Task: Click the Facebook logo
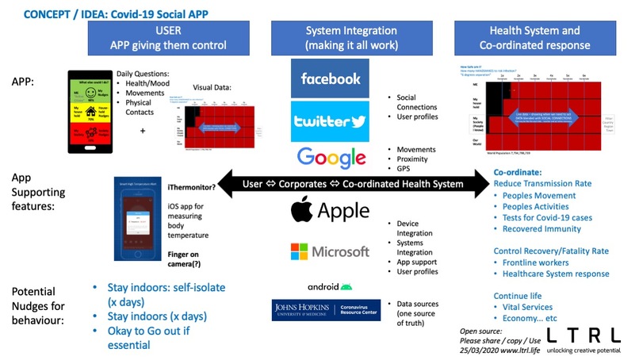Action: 329,79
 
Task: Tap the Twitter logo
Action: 329,121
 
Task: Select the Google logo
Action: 330,158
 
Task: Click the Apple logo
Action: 330,211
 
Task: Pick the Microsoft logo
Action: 330,251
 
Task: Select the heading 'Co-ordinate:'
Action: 518,170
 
